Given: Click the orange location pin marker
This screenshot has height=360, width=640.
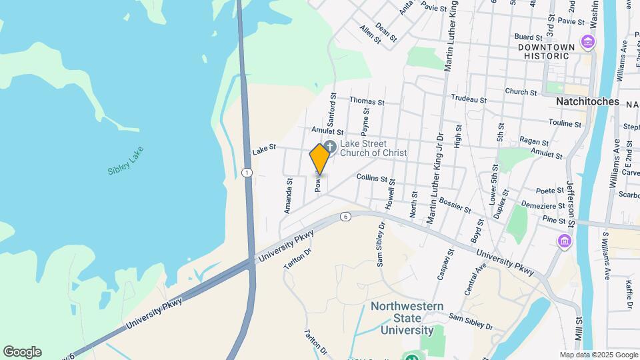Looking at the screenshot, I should (x=320, y=159).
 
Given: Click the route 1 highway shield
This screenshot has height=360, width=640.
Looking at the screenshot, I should (x=247, y=173).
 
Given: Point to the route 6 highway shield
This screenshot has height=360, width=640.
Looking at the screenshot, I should (x=345, y=217).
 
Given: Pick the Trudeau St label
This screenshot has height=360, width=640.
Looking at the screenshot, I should (x=469, y=99).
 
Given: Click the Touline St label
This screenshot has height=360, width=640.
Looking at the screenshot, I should (x=566, y=123).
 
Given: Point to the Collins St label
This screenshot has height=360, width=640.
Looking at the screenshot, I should (x=372, y=178).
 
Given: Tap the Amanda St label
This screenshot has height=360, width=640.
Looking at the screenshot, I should (x=289, y=195).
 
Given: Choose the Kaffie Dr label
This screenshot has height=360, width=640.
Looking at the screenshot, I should (x=629, y=294).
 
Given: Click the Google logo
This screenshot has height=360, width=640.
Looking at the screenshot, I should (x=22, y=352).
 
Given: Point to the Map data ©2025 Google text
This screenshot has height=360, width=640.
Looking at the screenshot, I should (x=599, y=355).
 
